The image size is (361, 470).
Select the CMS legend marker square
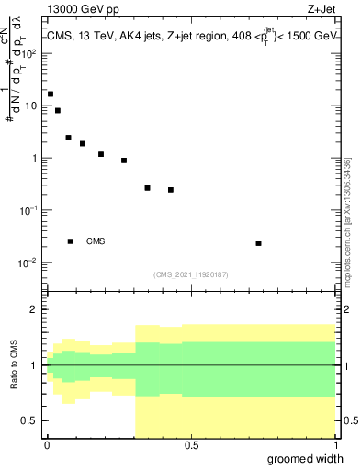[70, 241]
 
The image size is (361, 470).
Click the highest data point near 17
[51, 95]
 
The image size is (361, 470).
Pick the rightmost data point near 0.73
[258, 243]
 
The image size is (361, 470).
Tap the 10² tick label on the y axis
[31, 53]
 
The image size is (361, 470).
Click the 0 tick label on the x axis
[46, 445]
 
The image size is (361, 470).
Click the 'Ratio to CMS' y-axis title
[16, 365]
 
